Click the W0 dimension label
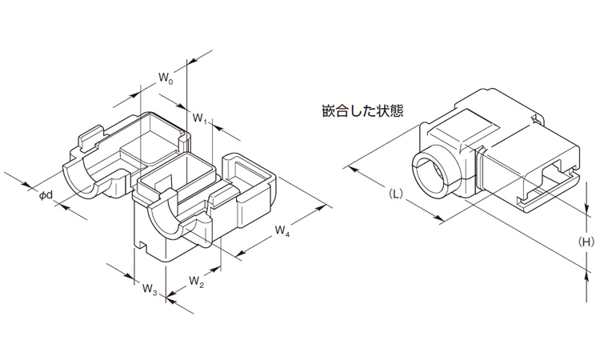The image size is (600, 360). [x=165, y=78]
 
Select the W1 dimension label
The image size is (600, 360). [x=201, y=119]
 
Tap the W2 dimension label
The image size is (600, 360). [x=197, y=281]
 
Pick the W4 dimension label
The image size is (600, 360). [x=282, y=231]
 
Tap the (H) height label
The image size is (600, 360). [x=586, y=241]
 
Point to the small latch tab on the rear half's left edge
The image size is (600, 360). [x=88, y=137]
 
